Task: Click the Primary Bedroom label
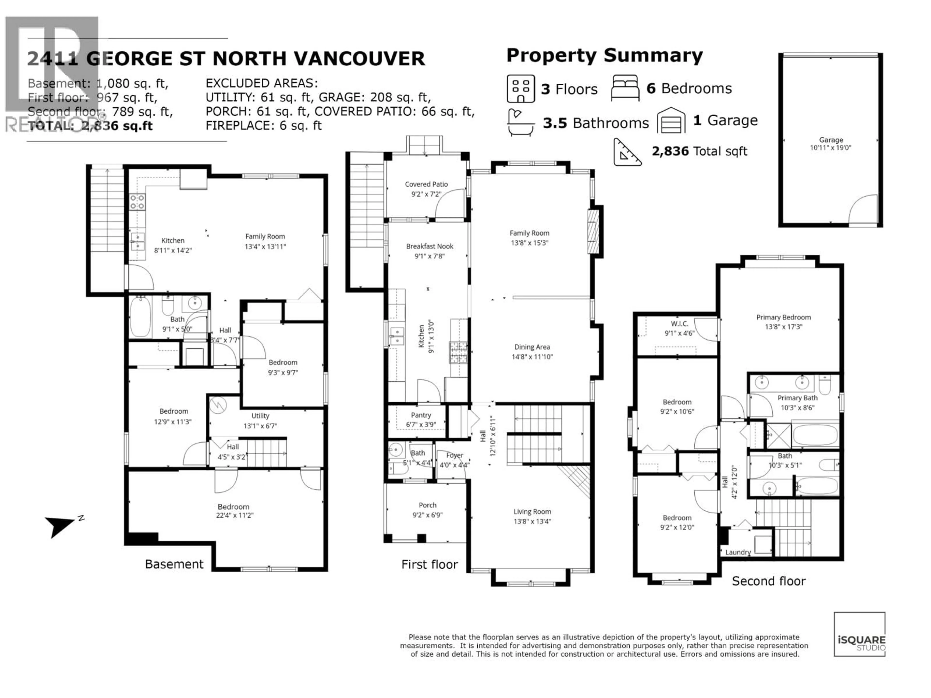point(783,317)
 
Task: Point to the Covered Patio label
point(426,184)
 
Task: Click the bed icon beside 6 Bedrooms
point(625,88)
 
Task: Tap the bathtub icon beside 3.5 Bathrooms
point(521,122)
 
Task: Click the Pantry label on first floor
point(421,415)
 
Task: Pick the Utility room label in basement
point(260,416)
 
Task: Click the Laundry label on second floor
point(738,552)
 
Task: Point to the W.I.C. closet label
point(679,324)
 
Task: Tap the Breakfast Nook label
point(429,246)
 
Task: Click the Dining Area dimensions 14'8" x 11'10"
point(532,357)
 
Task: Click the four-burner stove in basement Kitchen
point(137,202)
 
